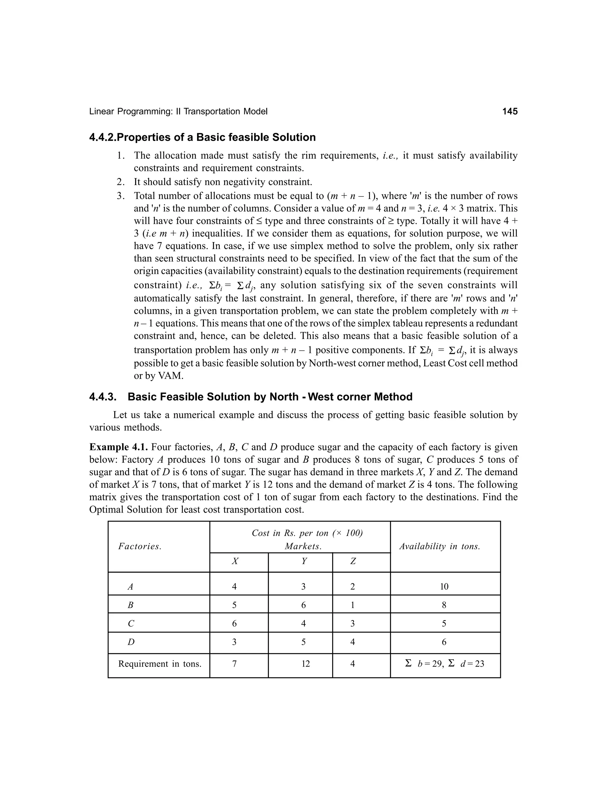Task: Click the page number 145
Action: click(x=509, y=112)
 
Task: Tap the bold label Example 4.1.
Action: click(x=118, y=447)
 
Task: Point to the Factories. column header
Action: click(x=140, y=546)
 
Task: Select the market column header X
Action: click(x=235, y=561)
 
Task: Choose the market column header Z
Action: click(x=353, y=561)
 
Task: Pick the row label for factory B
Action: click(x=130, y=605)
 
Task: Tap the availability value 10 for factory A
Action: click(x=444, y=587)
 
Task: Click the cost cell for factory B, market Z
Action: click(x=352, y=605)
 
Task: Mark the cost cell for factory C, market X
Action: click(x=234, y=624)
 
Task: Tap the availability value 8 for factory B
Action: click(x=444, y=605)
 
